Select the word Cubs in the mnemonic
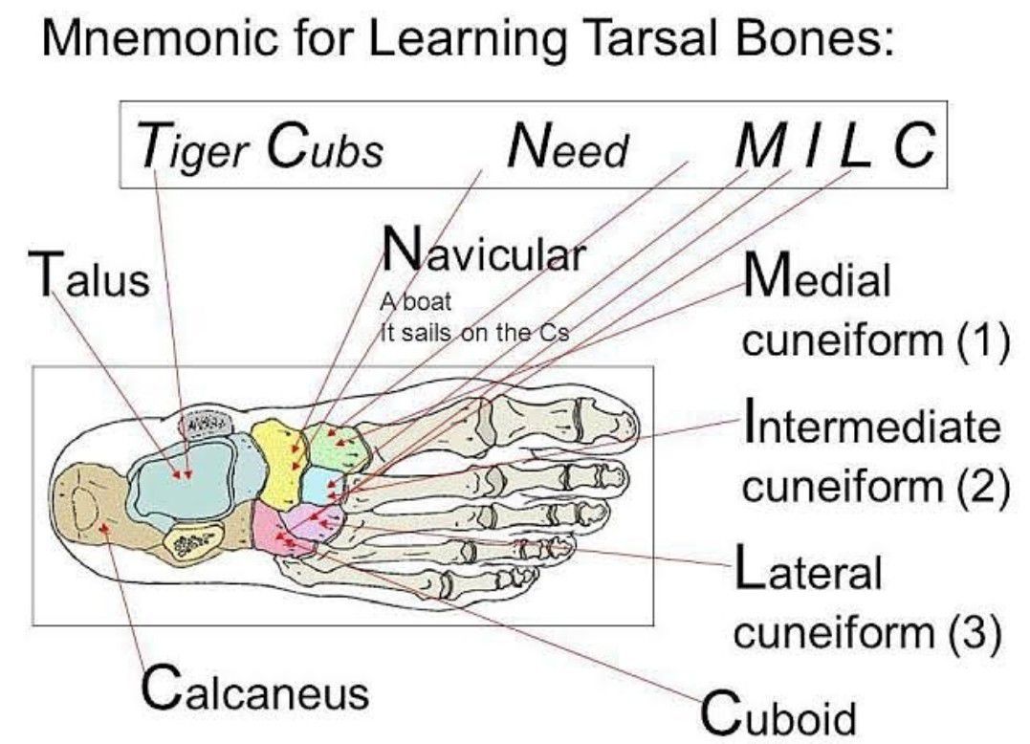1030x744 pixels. tap(324, 148)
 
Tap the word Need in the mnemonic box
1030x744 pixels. tap(568, 148)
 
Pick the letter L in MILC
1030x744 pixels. tap(857, 146)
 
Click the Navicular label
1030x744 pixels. tap(482, 253)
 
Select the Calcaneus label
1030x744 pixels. tap(254, 688)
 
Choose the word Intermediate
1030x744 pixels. tap(870, 426)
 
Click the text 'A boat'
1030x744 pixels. tap(415, 303)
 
